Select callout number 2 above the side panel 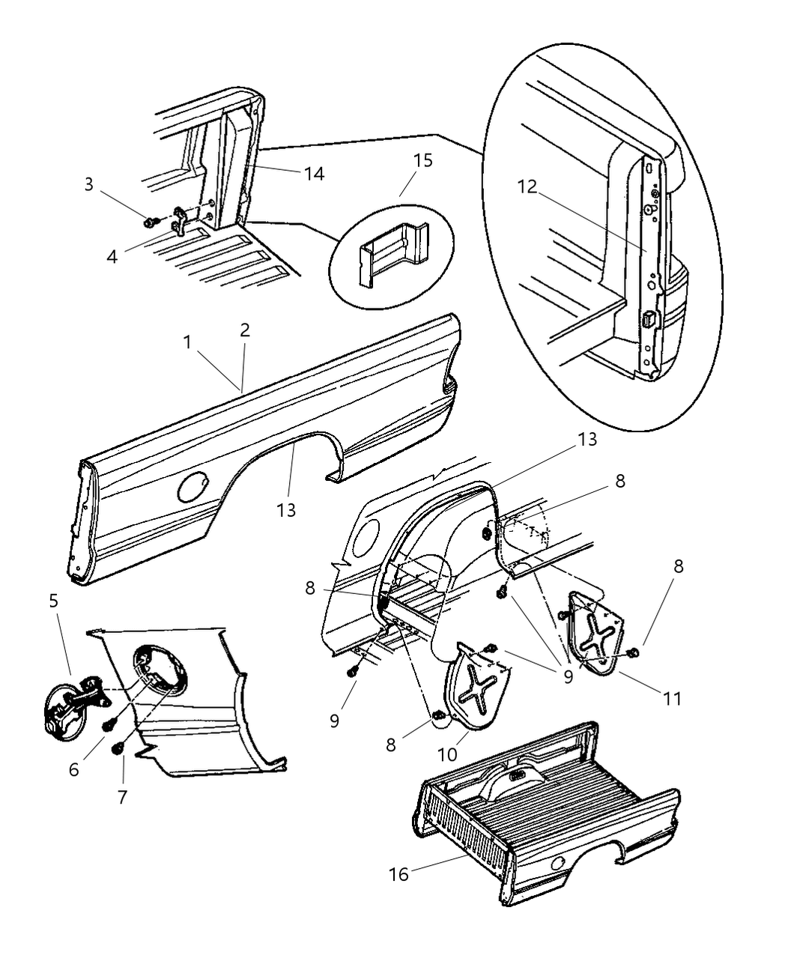[x=245, y=330]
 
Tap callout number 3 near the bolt [x=89, y=184]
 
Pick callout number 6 [x=74, y=768]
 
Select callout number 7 [x=123, y=797]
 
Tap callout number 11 [x=672, y=698]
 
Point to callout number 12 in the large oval [x=527, y=187]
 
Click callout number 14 [x=314, y=173]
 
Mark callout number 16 [x=398, y=873]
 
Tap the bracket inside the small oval [x=391, y=251]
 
